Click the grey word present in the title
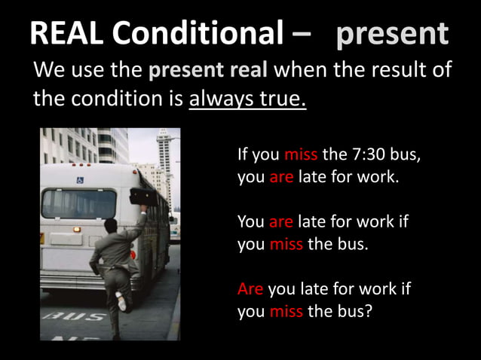392,34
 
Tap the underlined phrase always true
247,99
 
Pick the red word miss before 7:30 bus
302,156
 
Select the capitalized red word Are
250,289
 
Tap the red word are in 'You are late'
281,222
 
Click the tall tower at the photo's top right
164,162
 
